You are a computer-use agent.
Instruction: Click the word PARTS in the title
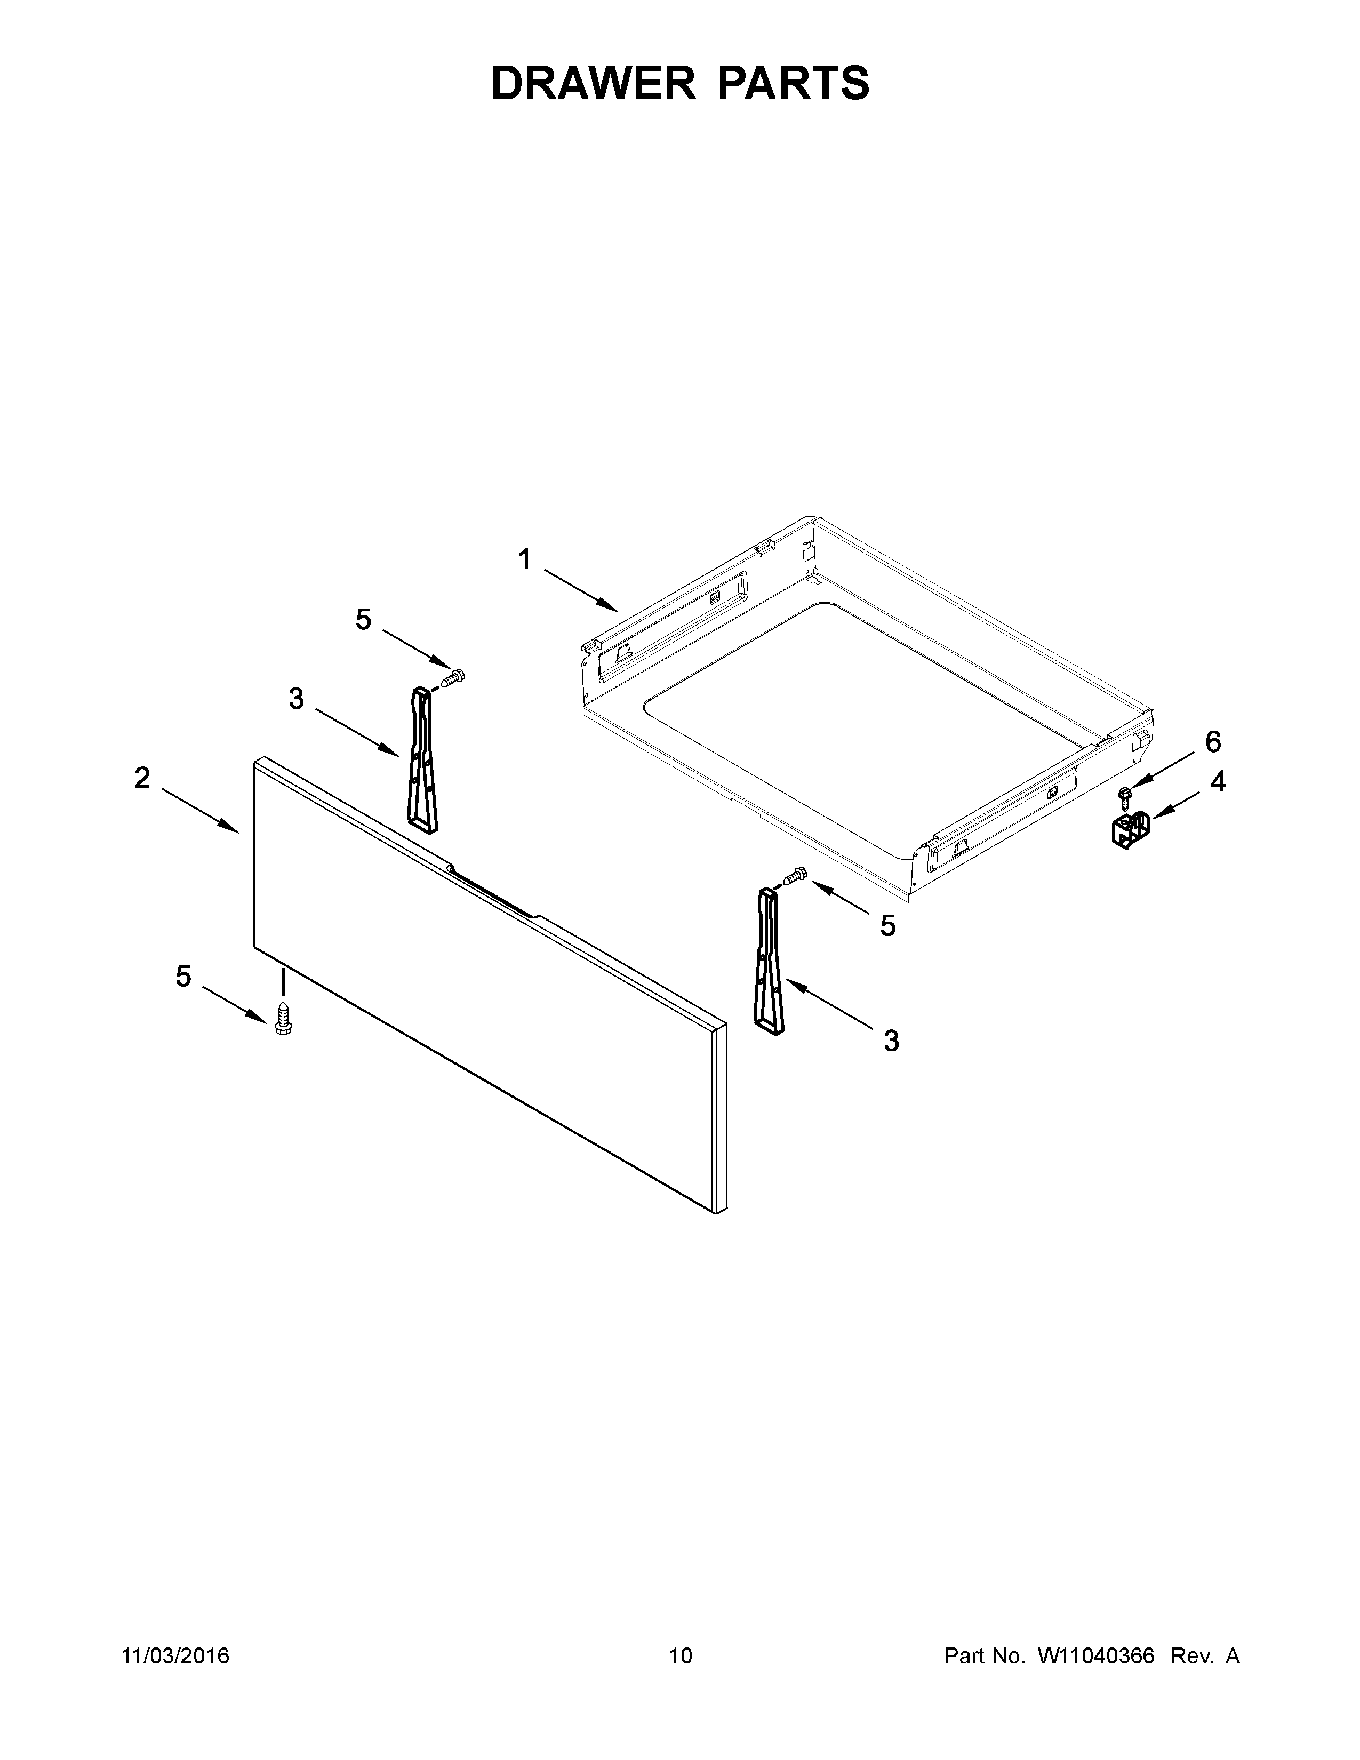(793, 84)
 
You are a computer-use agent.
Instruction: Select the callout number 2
(142, 779)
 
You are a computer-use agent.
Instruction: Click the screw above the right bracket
(795, 874)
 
